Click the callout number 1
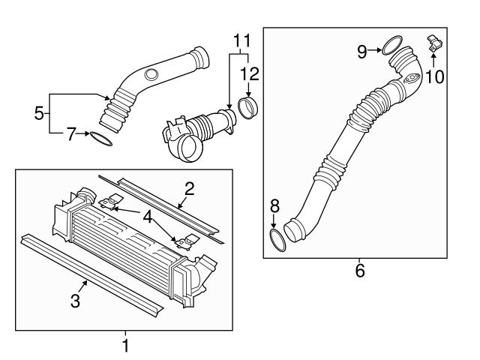pos(125,346)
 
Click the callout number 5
pos(39,114)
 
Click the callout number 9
pos(362,51)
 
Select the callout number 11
pos(239,37)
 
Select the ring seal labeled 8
pos(277,241)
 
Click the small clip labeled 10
pos(433,43)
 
